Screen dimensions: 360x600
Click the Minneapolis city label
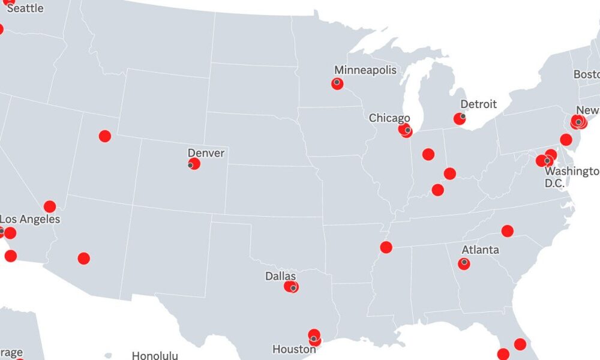(365, 70)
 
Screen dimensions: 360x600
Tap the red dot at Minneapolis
(337, 84)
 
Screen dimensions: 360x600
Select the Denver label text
(206, 153)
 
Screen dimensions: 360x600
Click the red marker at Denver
(194, 163)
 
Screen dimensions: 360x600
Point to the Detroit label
(478, 104)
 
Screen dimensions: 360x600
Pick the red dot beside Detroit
(460, 119)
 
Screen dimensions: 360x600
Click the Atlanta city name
(480, 250)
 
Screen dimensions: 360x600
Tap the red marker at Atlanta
(464, 263)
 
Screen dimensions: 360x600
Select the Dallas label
(280, 277)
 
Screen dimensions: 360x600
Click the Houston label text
(294, 349)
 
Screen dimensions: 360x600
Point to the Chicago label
(389, 118)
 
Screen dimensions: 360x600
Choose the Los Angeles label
(30, 220)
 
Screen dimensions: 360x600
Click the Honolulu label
(155, 355)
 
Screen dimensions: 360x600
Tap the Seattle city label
(25, 8)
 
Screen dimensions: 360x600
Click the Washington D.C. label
(572, 177)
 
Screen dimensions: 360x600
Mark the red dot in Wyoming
(105, 136)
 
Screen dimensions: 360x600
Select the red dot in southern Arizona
(84, 259)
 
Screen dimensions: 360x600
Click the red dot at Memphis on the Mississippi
(386, 247)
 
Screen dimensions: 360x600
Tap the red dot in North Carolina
(508, 231)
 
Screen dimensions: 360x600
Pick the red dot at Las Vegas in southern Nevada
(50, 206)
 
